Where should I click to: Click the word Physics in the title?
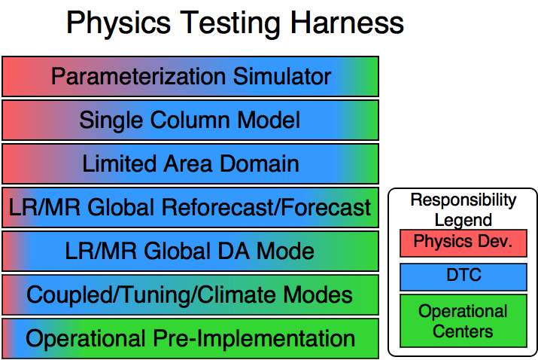click(x=118, y=23)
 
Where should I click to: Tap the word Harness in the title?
click(x=347, y=23)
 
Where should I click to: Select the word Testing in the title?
click(x=230, y=24)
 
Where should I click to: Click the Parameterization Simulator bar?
click(x=190, y=76)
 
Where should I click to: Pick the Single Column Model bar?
click(x=190, y=120)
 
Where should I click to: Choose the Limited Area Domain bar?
click(x=190, y=163)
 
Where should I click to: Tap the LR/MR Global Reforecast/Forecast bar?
click(x=190, y=207)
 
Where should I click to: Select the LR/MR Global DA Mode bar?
click(x=190, y=251)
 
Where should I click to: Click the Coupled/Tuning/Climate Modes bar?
click(x=190, y=294)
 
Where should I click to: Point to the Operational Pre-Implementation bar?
click(x=190, y=338)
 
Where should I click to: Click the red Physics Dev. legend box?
click(x=464, y=243)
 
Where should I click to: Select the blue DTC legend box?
click(x=464, y=277)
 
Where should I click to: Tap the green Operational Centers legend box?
click(x=464, y=321)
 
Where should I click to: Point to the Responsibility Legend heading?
click(x=464, y=210)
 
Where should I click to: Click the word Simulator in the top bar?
click(x=282, y=76)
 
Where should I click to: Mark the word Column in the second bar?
click(x=190, y=121)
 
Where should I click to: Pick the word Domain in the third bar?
click(x=259, y=163)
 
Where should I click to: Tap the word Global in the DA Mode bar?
click(x=176, y=251)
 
